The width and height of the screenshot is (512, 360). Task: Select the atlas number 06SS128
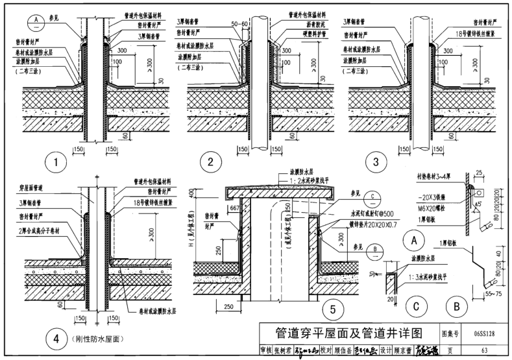click(x=482, y=334)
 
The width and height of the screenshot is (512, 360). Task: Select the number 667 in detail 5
click(x=235, y=208)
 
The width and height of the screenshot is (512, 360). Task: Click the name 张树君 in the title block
click(x=286, y=350)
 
